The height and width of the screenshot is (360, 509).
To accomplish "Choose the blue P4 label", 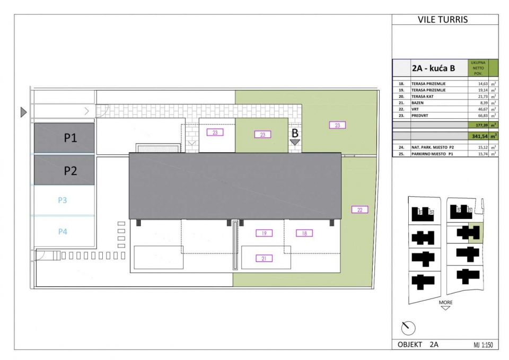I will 63,231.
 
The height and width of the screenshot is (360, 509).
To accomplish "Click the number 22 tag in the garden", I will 359,210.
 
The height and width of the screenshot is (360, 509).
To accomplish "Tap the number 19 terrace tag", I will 264,233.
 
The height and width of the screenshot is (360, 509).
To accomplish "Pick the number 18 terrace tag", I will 304,233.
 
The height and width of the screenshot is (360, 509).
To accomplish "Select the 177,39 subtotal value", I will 479,125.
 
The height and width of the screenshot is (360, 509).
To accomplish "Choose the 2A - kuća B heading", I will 433,68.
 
